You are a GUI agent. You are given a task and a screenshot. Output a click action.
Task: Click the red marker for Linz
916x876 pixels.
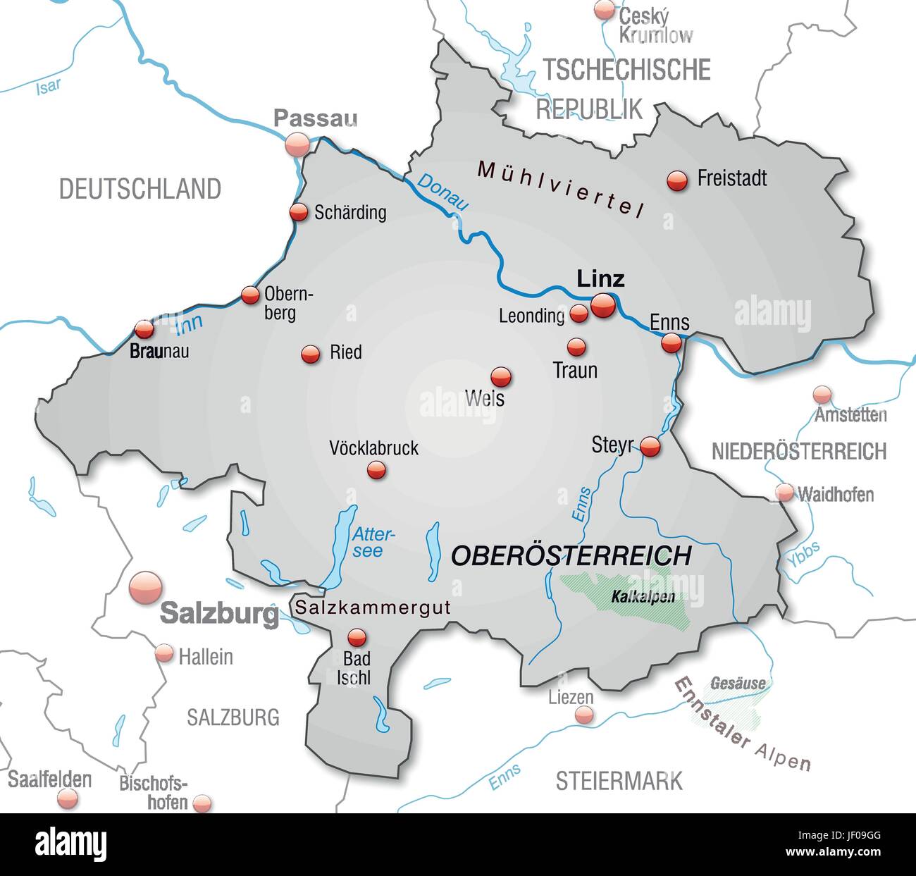pos(602,306)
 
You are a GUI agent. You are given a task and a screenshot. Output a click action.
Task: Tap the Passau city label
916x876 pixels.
pos(315,118)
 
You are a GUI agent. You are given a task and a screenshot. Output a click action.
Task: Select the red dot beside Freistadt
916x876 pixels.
pos(676,180)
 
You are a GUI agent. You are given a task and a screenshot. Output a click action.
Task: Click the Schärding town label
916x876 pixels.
pos(350,212)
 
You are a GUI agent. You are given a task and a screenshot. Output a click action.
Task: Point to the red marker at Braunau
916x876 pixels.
pos(144,329)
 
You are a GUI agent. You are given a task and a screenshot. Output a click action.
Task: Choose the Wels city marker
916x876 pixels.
pos(500,376)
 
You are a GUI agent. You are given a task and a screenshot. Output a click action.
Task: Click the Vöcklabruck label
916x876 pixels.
pos(373,448)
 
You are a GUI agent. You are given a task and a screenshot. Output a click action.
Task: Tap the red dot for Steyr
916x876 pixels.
pos(650,447)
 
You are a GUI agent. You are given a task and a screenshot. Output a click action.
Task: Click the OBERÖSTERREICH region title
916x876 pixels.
pos(571,555)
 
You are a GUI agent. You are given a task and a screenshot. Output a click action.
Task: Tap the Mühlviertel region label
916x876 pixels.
pos(561,187)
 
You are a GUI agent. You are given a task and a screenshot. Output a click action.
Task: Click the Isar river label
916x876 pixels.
pos(48,87)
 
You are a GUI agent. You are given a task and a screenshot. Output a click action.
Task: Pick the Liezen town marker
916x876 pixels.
pos(583,715)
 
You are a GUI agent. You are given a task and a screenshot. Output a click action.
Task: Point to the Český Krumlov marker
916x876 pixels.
pos(604,10)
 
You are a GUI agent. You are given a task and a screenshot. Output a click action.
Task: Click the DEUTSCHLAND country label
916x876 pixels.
pos(140,189)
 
